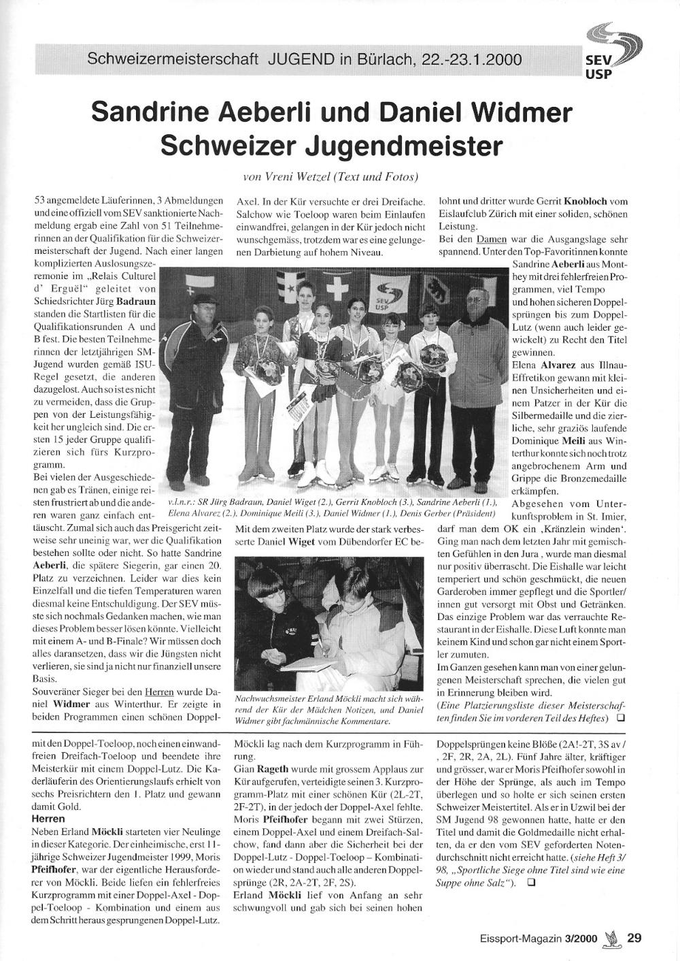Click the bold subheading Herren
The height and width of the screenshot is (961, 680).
point(48,819)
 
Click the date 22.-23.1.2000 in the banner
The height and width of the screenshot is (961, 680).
point(472,59)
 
